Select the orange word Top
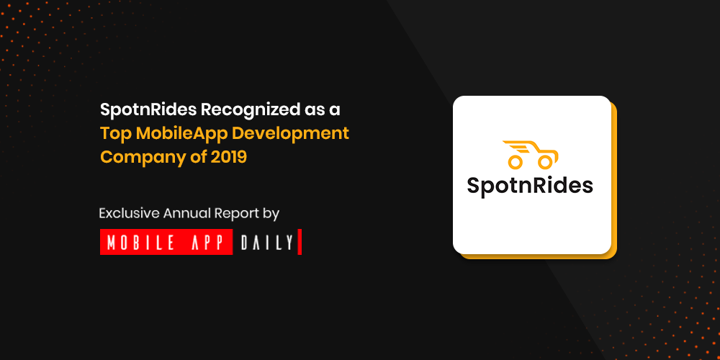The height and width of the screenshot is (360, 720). pyautogui.click(x=116, y=134)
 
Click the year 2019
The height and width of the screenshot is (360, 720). pyautogui.click(x=229, y=156)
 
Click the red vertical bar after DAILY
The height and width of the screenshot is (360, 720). pyautogui.click(x=300, y=241)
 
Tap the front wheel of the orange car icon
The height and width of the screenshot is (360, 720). pyautogui.click(x=545, y=161)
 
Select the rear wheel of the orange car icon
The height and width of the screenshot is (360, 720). pyautogui.click(x=516, y=161)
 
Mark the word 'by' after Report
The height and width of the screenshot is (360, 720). pyautogui.click(x=272, y=215)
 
